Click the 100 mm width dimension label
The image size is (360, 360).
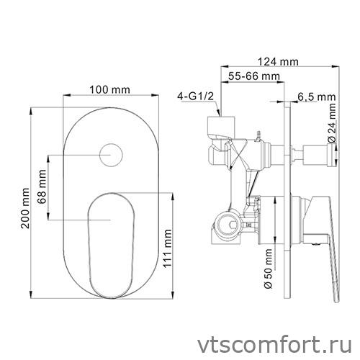tap(110, 89)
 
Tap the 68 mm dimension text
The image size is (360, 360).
tap(43, 186)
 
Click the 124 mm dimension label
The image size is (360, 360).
tap(278, 61)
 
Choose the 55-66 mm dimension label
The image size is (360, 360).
tap(255, 76)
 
